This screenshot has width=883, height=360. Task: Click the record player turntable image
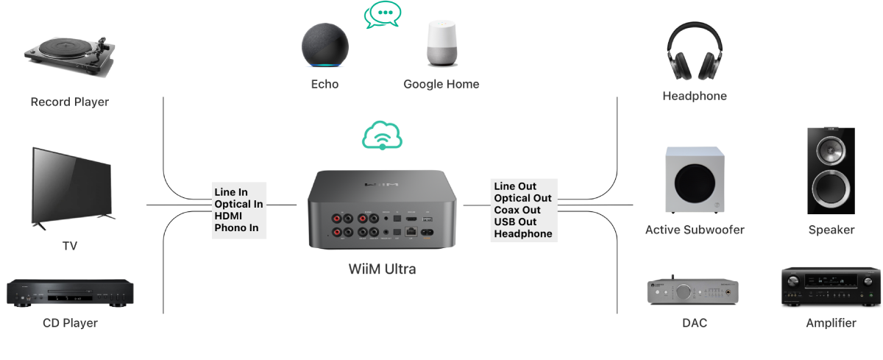(70, 57)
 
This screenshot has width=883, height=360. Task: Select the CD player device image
(70, 292)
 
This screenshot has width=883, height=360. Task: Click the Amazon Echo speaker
(325, 46)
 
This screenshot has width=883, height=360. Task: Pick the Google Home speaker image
(442, 43)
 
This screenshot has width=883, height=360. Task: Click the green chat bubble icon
(383, 15)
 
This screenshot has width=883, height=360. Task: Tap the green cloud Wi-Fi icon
(382, 135)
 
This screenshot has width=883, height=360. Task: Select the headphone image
(695, 51)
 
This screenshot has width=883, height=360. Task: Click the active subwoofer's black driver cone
(695, 183)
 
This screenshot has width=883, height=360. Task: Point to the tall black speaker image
(831, 171)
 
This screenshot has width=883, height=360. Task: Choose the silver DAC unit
(693, 291)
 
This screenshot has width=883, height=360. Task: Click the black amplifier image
(831, 286)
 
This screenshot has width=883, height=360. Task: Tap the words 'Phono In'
(236, 228)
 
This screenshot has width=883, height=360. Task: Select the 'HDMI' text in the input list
(228, 216)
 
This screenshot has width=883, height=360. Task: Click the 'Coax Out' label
(517, 210)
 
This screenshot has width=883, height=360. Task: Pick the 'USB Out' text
(515, 222)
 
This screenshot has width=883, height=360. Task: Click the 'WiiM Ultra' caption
(382, 269)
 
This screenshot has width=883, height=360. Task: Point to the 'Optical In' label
(238, 204)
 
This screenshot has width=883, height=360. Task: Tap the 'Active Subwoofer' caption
(695, 230)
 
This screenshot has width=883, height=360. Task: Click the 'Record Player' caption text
(70, 102)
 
